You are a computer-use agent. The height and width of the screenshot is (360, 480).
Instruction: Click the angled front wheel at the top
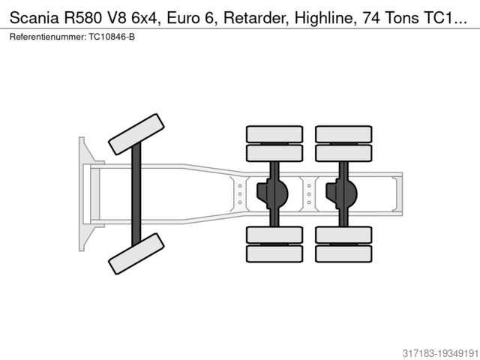136,133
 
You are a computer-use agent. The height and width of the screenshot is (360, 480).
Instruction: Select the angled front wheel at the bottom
136,253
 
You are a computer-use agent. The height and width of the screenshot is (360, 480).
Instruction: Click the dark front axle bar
136,193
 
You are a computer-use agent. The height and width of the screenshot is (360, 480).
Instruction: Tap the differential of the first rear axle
273,193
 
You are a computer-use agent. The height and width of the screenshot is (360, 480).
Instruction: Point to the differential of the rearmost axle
342,193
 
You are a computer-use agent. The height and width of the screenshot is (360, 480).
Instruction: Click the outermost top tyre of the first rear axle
274,134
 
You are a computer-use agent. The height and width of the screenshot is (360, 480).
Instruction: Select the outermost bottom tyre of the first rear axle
274,253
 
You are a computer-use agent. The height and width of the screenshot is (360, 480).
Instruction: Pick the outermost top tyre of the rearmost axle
343,134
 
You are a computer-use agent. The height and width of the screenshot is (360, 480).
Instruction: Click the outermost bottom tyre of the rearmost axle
343,253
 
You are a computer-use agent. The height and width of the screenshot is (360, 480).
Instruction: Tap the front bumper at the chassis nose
83,193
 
